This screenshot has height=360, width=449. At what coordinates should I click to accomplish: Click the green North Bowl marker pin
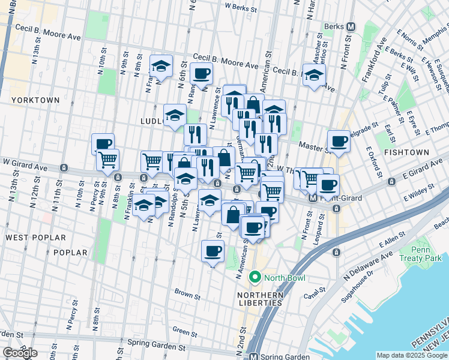255,277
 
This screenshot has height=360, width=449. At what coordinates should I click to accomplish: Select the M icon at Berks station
352,26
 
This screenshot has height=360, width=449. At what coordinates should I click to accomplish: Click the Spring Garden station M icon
254,356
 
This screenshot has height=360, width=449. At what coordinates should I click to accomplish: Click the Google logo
20,352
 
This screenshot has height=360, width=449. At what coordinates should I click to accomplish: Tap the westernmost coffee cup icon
103,143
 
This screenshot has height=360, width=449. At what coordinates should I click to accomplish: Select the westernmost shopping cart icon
108,160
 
